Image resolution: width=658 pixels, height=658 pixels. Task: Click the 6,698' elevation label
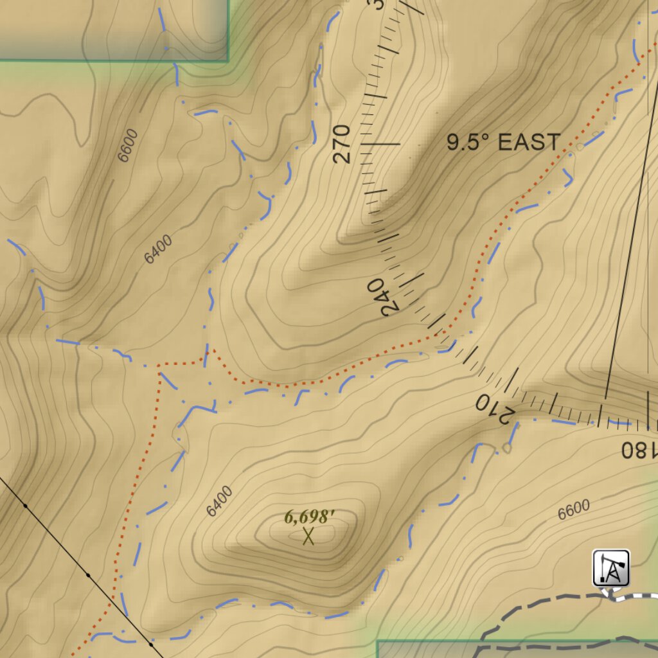(x=310, y=517)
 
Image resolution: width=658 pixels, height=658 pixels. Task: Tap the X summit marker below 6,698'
(x=308, y=536)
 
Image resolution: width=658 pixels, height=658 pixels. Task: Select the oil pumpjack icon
(x=610, y=567)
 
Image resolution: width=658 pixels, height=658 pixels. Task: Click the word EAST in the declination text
(x=529, y=143)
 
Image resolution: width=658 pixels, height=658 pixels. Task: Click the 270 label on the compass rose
(x=342, y=144)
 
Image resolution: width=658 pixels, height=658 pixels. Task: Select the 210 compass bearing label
(x=493, y=409)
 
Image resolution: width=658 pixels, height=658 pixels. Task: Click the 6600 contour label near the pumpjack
(x=573, y=510)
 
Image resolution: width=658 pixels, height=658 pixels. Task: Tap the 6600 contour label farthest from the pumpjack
(x=128, y=145)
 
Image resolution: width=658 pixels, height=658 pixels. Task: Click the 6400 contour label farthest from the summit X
(x=158, y=249)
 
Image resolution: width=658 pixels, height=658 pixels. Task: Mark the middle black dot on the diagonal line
(x=88, y=574)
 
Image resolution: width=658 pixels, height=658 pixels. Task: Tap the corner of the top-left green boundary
(x=228, y=60)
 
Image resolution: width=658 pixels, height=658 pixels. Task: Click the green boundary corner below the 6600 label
(x=378, y=641)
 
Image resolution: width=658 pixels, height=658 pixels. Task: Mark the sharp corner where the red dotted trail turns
(x=159, y=365)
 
